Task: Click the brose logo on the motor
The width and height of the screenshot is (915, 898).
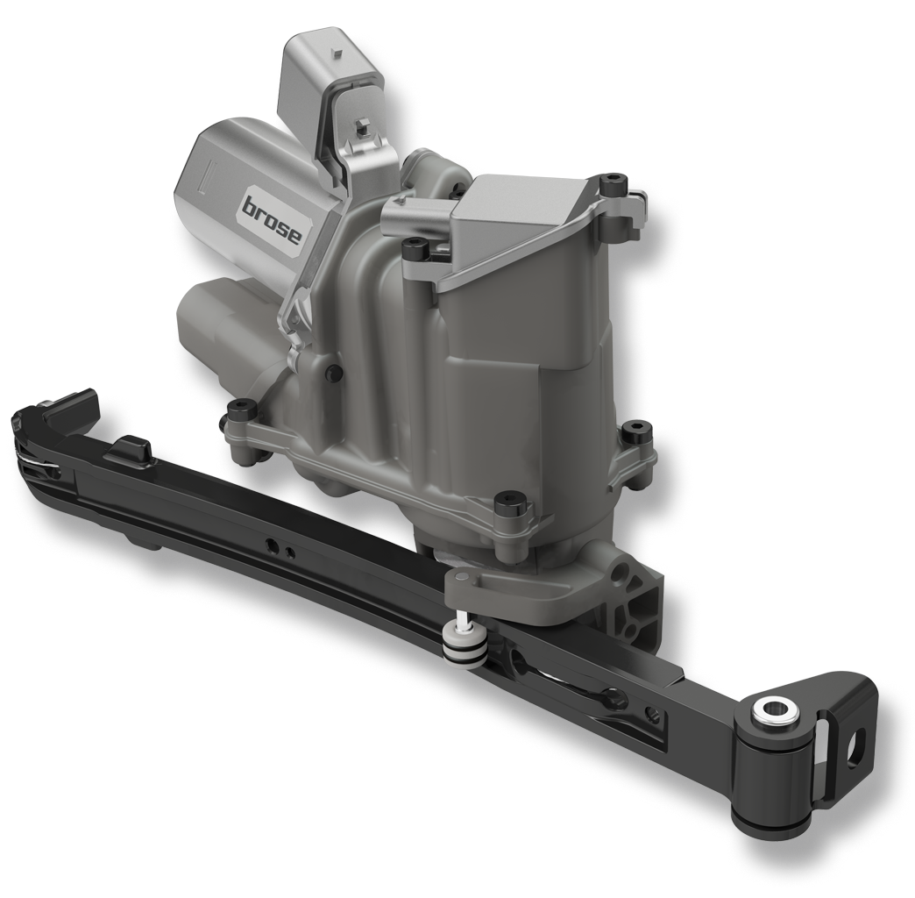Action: [272, 219]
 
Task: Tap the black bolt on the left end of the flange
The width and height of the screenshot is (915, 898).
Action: [239, 410]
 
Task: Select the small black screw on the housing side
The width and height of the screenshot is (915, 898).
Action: [333, 371]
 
